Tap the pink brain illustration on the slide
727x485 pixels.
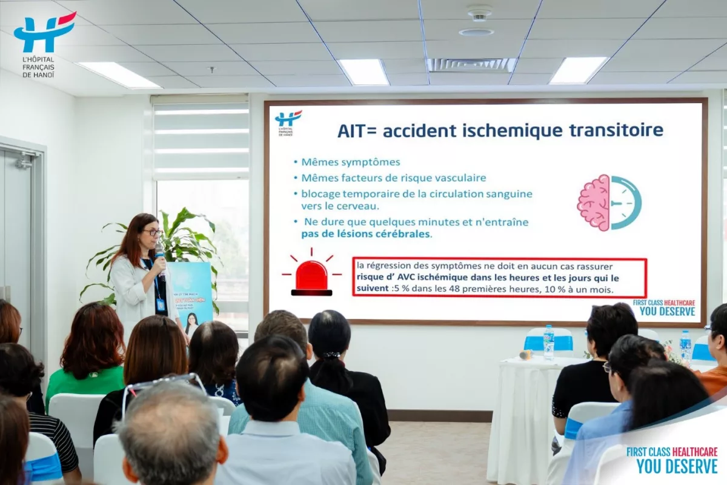click(594, 202)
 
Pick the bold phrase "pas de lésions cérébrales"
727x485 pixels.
click(367, 234)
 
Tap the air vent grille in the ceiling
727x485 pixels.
click(471, 65)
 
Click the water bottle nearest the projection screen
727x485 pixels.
click(548, 343)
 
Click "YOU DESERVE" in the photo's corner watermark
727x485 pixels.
click(677, 466)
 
